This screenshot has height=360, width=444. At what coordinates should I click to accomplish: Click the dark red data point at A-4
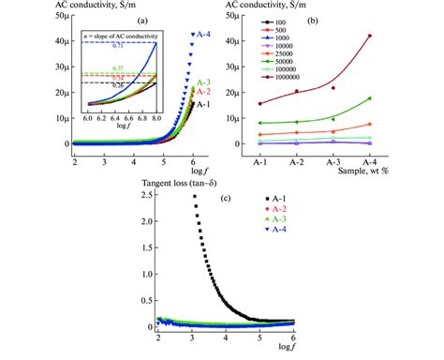click(x=396, y=36)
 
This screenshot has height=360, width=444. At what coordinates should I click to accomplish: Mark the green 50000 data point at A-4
click(x=396, y=98)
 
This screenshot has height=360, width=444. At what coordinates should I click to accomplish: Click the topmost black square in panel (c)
click(x=194, y=196)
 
